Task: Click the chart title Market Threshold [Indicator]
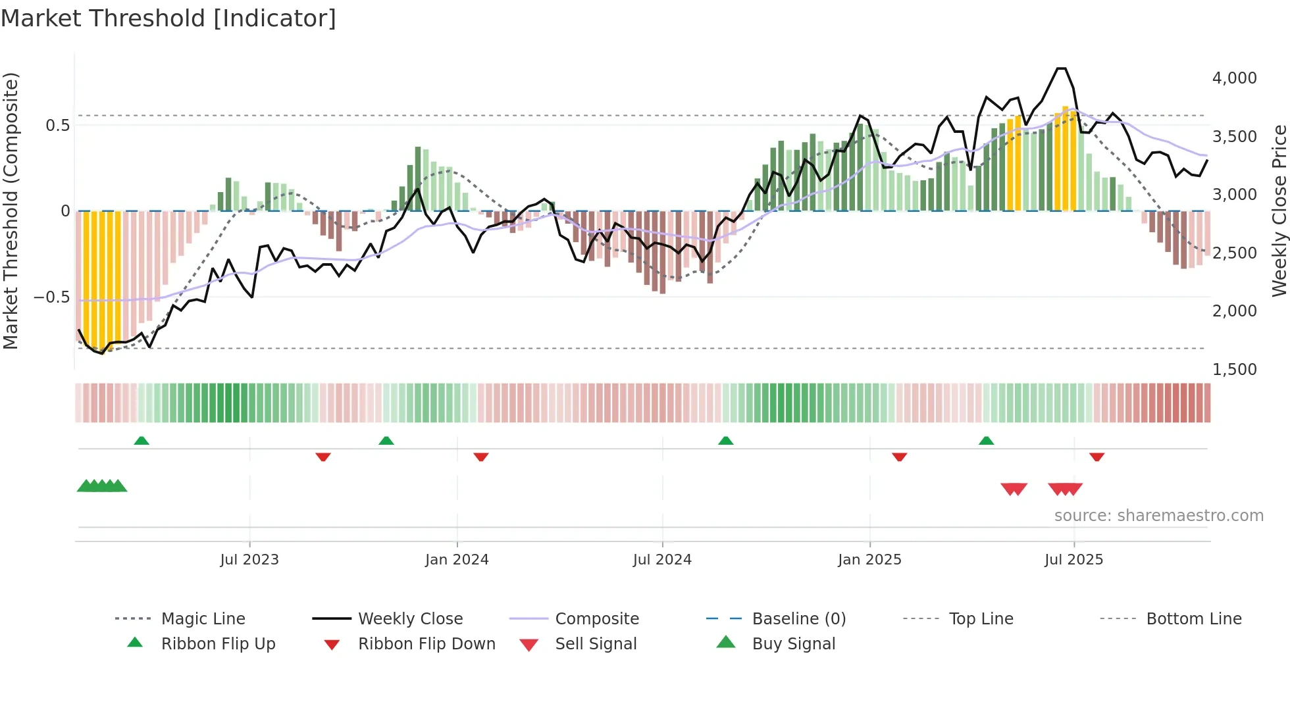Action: tap(168, 18)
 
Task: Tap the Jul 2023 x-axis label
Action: tap(249, 560)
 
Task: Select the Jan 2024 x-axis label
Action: tap(457, 560)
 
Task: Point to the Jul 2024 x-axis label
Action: tap(662, 560)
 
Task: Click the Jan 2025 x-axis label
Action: tap(869, 560)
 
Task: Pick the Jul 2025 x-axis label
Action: tap(1073, 560)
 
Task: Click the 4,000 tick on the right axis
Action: tap(1234, 78)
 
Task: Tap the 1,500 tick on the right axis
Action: tap(1234, 370)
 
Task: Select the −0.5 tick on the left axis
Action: tap(51, 297)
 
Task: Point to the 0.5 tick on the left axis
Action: tap(57, 126)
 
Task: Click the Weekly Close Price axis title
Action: tap(1279, 211)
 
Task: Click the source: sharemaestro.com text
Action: tap(1158, 516)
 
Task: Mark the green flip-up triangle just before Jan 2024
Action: tap(386, 441)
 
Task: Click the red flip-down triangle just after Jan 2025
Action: tap(899, 457)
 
